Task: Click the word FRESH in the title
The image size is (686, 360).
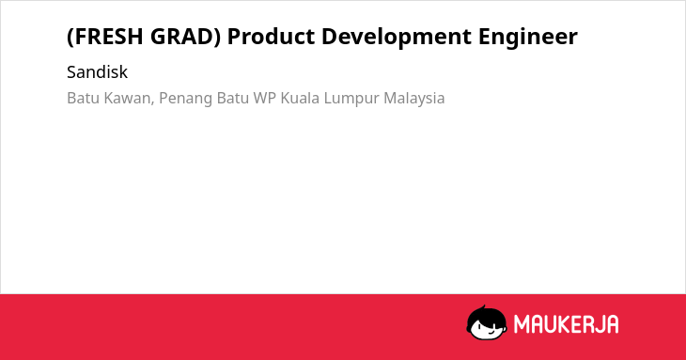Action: pyautogui.click(x=107, y=37)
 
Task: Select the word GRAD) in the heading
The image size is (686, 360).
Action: pyautogui.click(x=185, y=37)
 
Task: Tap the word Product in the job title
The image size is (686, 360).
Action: pyautogui.click(x=271, y=37)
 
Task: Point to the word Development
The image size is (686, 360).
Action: pyautogui.click(x=397, y=38)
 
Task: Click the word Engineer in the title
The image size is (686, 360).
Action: pyautogui.click(x=528, y=38)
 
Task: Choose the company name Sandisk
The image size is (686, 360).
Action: pyautogui.click(x=97, y=72)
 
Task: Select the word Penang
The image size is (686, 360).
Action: pyautogui.click(x=186, y=99)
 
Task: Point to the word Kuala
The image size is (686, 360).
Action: pyautogui.click(x=300, y=98)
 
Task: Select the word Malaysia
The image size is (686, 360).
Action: pyautogui.click(x=413, y=99)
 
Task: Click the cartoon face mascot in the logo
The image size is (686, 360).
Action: pyautogui.click(x=487, y=323)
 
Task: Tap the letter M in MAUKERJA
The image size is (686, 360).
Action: pyautogui.click(x=522, y=324)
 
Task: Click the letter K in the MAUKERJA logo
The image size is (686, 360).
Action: pyautogui.click(x=568, y=324)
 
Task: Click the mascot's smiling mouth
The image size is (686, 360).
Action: pyautogui.click(x=491, y=332)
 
